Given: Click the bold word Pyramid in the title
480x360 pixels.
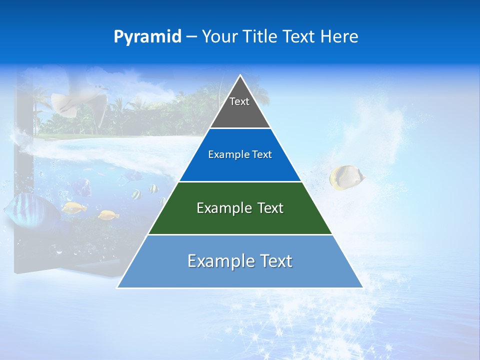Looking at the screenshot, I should click(x=147, y=37).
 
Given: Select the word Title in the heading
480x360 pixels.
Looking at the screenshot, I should click(x=262, y=37).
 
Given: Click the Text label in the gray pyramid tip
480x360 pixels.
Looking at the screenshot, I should click(x=239, y=101).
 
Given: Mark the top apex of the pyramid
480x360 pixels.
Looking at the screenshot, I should click(x=240, y=75).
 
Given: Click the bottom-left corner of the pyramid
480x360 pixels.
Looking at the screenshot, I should click(x=117, y=287).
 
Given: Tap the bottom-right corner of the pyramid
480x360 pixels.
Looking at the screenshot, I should click(x=362, y=287).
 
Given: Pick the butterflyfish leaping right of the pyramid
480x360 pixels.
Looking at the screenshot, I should click(x=346, y=177).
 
